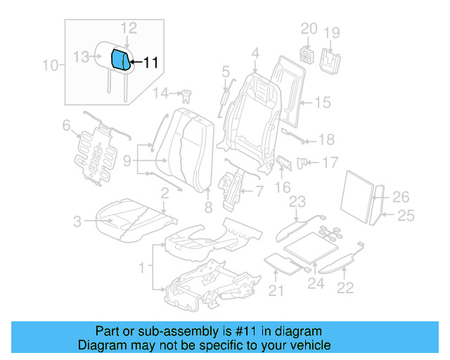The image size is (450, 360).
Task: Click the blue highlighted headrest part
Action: [121, 60]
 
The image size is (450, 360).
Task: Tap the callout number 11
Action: [150, 63]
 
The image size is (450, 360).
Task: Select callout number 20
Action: [309, 29]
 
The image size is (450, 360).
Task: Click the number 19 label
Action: [331, 32]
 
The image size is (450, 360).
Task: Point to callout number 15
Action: [321, 103]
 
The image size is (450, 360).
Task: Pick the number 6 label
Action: [66, 126]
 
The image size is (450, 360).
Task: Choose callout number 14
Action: [161, 93]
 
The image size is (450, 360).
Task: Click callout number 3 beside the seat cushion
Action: [77, 222]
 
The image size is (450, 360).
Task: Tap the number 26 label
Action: [401, 197]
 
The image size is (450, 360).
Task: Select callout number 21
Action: [275, 291]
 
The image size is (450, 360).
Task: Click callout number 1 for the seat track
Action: [143, 267]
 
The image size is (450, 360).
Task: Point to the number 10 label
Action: [50, 66]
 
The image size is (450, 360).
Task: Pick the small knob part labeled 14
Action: [187, 95]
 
